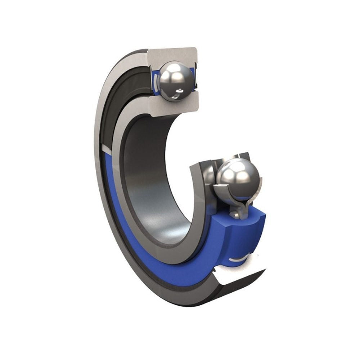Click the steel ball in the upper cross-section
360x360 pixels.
coord(174,81)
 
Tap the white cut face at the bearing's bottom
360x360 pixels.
coord(238,279)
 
